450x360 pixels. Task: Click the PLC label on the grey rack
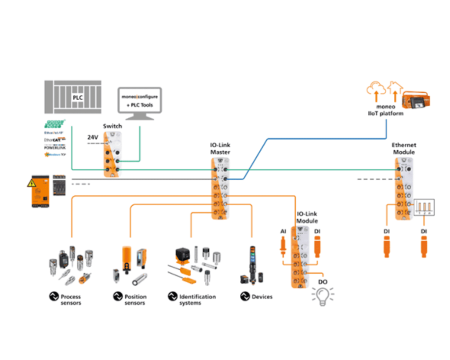(x=78, y=97)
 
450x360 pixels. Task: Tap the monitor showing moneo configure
(x=138, y=100)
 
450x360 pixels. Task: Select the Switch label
(x=112, y=126)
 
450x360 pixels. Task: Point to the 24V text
(x=93, y=137)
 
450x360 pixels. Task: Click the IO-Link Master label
(x=220, y=148)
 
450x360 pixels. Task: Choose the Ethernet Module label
(x=403, y=148)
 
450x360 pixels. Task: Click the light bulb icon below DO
(x=323, y=295)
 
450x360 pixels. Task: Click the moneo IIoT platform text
(x=385, y=110)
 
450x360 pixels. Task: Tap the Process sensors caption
(x=71, y=299)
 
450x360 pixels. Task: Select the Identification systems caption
(x=197, y=299)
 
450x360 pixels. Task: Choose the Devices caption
(x=262, y=297)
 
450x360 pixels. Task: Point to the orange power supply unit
(x=41, y=192)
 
